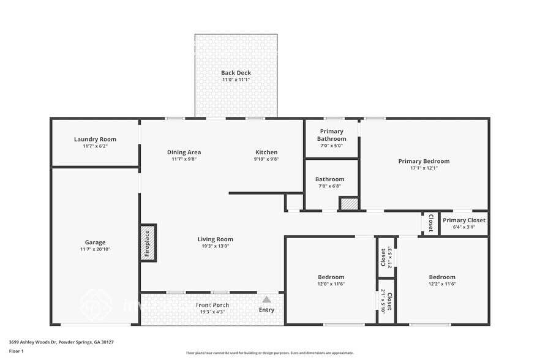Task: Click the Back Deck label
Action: point(236,73)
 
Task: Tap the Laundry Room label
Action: point(95,140)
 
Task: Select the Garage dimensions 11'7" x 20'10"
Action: point(95,249)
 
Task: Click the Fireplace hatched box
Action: point(148,243)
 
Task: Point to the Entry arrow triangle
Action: point(266,299)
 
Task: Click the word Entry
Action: point(266,310)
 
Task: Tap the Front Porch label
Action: point(212,305)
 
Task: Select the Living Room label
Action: point(215,239)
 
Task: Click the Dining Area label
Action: point(184,152)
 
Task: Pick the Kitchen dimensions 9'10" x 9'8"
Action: point(266,159)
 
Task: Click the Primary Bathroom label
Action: point(331,135)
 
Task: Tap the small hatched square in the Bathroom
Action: point(348,204)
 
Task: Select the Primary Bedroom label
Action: point(424,162)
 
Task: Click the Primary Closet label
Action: point(463,220)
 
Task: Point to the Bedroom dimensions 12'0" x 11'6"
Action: point(331,284)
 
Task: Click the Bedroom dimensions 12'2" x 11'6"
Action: point(441,284)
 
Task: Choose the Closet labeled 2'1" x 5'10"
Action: point(386,301)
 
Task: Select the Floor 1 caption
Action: point(16,351)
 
